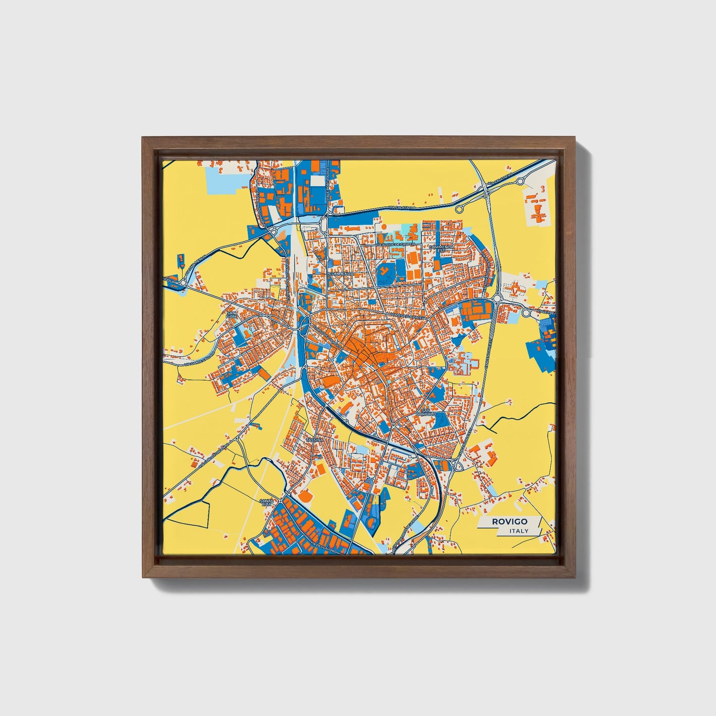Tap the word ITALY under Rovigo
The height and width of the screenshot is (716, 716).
(x=518, y=531)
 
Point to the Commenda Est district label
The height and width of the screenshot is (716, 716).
(x=441, y=248)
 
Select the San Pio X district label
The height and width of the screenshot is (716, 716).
(x=231, y=315)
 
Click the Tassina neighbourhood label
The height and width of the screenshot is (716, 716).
(x=315, y=440)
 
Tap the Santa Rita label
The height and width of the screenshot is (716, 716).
(x=267, y=502)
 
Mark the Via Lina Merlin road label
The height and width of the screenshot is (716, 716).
(x=195, y=267)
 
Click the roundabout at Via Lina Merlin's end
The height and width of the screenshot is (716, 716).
(x=183, y=283)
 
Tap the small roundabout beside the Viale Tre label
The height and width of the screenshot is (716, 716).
(x=526, y=313)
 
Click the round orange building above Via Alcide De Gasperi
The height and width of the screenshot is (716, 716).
(x=383, y=227)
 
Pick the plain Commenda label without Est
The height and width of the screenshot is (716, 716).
(x=341, y=273)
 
